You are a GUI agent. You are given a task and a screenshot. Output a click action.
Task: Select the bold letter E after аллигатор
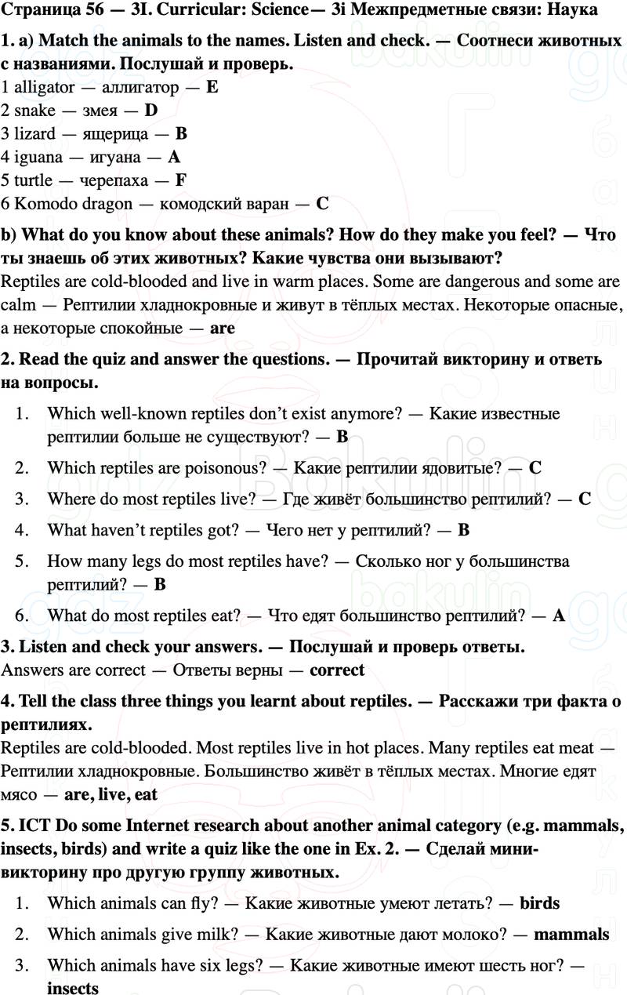[212, 87]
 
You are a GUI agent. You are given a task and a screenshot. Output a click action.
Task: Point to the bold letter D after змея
[151, 111]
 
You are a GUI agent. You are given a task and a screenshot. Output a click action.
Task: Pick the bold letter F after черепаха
[180, 180]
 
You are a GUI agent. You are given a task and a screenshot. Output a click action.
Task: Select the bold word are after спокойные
[223, 329]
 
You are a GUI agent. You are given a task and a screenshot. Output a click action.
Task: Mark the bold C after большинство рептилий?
[585, 499]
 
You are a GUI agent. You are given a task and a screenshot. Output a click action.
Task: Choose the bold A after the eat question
[558, 616]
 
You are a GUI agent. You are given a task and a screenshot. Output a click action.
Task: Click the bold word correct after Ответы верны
[337, 670]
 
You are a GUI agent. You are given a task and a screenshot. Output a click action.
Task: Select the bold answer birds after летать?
[540, 903]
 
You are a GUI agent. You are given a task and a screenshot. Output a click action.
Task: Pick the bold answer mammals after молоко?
[571, 934]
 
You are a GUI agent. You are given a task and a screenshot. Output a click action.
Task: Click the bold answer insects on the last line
[73, 988]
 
